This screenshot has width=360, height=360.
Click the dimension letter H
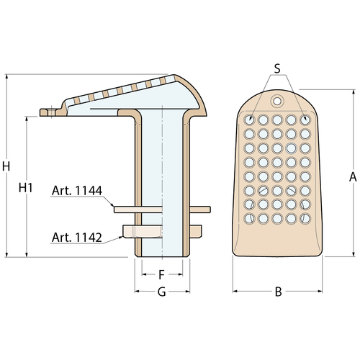coord(6,166)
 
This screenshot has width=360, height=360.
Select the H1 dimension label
coord(25,188)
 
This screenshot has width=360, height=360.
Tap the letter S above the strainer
coord(277,68)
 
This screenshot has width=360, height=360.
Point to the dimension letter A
coord(353,177)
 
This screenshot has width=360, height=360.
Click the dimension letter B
coord(278,292)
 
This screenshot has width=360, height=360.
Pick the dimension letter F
coord(161,274)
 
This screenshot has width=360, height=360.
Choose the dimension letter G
coord(162,292)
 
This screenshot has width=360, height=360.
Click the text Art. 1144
coord(77,191)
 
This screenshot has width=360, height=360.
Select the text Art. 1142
coord(77,238)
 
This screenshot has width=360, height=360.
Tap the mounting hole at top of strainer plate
coord(277,102)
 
